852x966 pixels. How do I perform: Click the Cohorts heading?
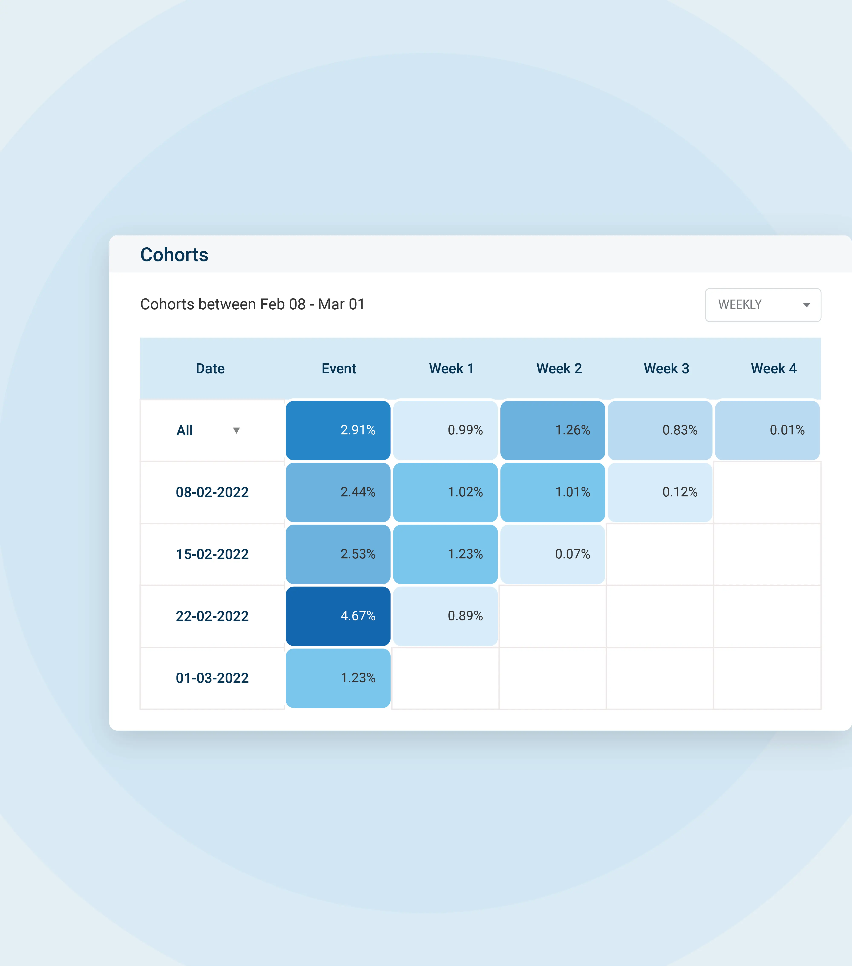174,255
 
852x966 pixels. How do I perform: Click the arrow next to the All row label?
236,430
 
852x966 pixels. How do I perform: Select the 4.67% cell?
338,616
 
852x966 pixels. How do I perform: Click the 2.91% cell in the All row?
338,430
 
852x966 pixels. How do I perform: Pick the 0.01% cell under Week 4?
767,430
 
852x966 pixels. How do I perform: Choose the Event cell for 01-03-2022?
338,678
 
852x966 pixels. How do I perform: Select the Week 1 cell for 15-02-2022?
445,554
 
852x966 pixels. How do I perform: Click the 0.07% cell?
552,554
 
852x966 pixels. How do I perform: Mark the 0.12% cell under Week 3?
660,492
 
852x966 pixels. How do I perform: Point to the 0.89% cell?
445,616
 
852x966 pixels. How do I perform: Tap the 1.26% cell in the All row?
552,430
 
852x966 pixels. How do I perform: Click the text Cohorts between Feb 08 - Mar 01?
252,304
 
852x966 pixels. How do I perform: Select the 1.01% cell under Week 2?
552,492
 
